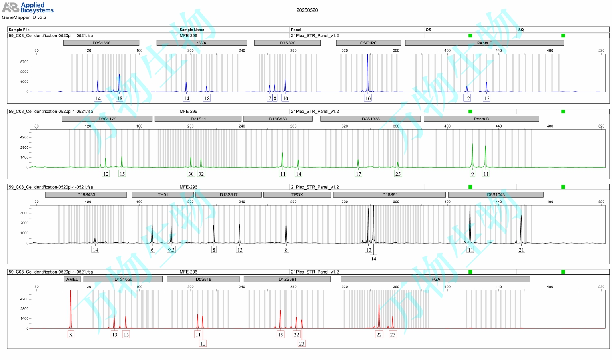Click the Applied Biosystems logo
[28, 8]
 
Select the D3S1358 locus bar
[101, 43]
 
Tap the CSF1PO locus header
[368, 43]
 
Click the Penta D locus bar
[481, 119]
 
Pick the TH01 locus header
[163, 195]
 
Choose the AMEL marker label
[72, 279]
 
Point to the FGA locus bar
[435, 279]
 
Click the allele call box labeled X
[71, 334]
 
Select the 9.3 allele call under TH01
[171, 250]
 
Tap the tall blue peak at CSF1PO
[367, 72]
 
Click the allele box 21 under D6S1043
[521, 250]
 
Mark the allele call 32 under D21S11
[201, 174]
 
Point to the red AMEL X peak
[71, 308]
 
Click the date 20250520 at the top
[307, 10]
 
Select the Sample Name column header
[192, 30]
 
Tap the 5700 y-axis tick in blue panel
[24, 62]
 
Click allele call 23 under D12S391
[301, 343]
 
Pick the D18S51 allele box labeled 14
[373, 258]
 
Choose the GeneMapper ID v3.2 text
[24, 18]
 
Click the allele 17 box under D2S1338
[358, 174]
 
